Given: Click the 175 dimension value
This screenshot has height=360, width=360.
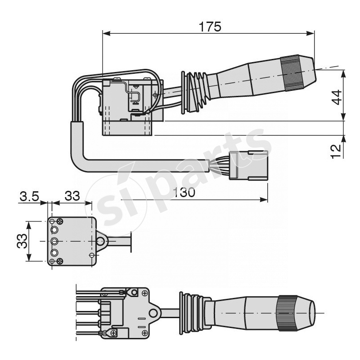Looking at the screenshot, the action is coord(210,27).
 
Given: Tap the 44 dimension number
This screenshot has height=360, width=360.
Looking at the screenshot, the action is coord(337,97).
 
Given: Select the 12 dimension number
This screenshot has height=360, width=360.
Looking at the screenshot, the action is coord(336,151).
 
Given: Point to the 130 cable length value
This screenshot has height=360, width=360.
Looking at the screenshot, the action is coord(184,192).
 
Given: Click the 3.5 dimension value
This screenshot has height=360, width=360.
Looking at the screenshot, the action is coord(29,196).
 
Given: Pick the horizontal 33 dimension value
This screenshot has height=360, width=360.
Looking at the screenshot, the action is coord(72,196).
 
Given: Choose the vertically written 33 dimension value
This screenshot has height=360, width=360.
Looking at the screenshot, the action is coord(22,241).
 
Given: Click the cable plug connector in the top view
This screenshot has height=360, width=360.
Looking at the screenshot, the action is coord(249,165).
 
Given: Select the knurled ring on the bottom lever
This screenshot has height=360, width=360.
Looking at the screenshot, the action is coord(288,313).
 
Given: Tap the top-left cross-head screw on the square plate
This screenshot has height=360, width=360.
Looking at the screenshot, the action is coord(60,222).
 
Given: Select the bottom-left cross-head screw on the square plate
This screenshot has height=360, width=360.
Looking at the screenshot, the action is coord(60,261).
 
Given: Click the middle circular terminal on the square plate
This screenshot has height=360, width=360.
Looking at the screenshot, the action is coord(54,241).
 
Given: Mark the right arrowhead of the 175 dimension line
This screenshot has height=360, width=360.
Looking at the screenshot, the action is coord(310,33).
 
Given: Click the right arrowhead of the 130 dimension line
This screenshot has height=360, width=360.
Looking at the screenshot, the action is coord(264,199).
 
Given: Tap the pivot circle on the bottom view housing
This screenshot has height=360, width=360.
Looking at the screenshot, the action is coord(153,313).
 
